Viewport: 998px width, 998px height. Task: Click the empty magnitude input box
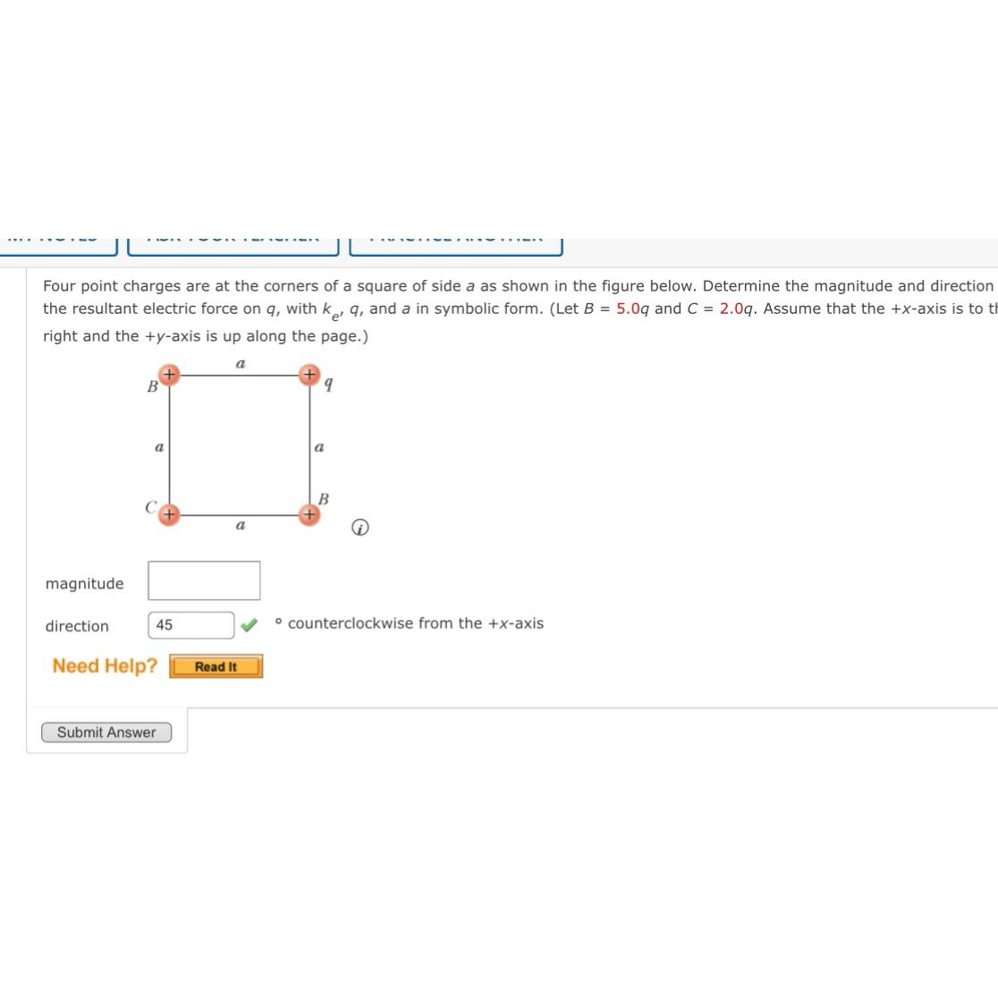click(204, 580)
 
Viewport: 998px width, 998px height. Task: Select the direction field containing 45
click(191, 625)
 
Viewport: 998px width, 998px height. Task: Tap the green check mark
click(249, 624)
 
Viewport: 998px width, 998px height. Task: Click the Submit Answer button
click(106, 732)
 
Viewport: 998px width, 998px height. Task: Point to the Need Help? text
click(105, 666)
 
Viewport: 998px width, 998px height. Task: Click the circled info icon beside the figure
click(359, 528)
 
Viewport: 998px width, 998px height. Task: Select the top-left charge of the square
click(169, 375)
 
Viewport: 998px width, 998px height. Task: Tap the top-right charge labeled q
click(309, 375)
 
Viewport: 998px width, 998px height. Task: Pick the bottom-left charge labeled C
click(169, 514)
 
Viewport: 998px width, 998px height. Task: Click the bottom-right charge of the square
click(309, 514)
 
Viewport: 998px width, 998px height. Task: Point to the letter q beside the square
click(329, 385)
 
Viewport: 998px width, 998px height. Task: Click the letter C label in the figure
click(151, 507)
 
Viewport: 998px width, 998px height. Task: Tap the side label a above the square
click(240, 364)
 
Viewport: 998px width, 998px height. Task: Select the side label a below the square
click(240, 526)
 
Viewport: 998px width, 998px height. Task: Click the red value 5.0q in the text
click(632, 309)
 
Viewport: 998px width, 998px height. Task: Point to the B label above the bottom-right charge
click(324, 498)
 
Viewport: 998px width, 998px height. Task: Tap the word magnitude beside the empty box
click(85, 584)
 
